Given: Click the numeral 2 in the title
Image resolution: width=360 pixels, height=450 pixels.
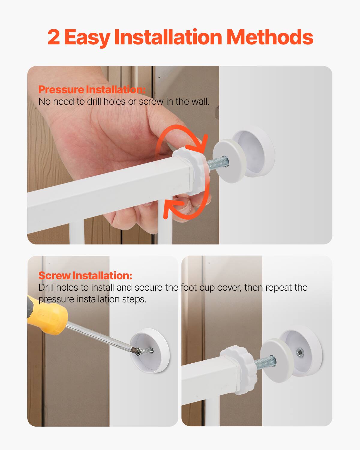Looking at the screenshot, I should [54, 37].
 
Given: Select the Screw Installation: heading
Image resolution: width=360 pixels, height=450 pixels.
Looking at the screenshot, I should [85, 275].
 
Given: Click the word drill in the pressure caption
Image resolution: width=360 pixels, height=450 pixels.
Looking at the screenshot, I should [94, 102].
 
